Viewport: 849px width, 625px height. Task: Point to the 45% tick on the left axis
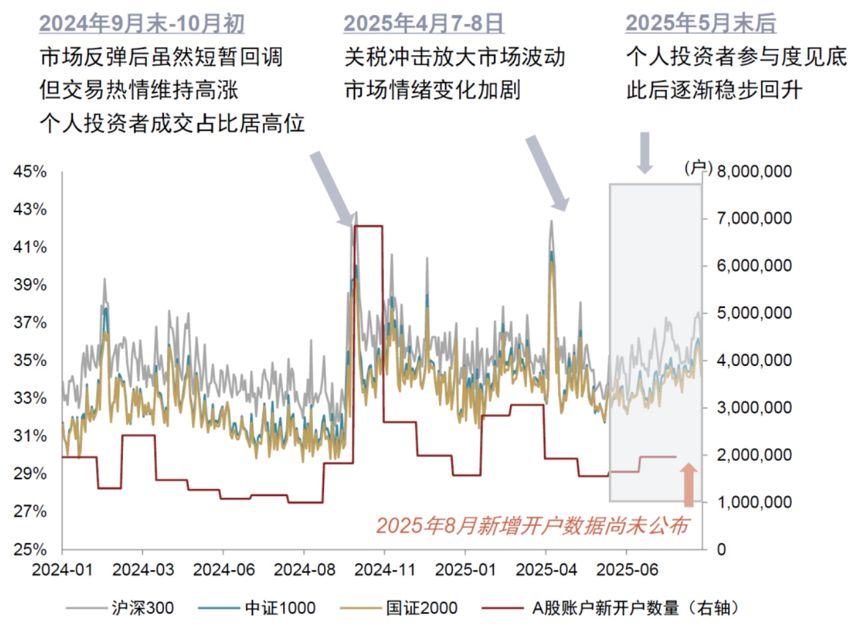tap(30, 172)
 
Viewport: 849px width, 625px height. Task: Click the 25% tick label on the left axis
tap(30, 549)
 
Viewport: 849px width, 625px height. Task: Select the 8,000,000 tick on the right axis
tap(754, 171)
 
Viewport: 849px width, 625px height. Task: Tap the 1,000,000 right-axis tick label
tap(754, 502)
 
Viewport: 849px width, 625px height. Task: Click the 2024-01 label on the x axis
tap(62, 570)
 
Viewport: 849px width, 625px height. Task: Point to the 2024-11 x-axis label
tap(384, 570)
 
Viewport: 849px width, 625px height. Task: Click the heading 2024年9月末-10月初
tap(142, 23)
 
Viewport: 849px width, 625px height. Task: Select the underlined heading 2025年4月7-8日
tap(424, 23)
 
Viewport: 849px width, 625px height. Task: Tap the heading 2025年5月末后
tap(701, 23)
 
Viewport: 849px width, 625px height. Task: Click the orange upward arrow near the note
tap(688, 485)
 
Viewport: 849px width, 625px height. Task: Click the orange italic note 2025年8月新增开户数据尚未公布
tap(532, 525)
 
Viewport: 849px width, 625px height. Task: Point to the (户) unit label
tap(698, 168)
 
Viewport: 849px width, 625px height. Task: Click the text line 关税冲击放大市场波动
tap(455, 57)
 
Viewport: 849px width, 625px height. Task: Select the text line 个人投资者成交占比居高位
tap(172, 122)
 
